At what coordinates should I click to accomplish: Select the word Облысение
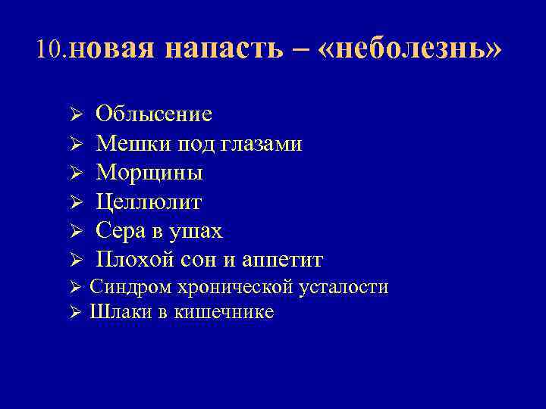pyautogui.click(x=154, y=114)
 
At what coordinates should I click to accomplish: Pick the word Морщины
pyautogui.click(x=149, y=173)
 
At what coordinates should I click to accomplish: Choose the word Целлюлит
pyautogui.click(x=149, y=202)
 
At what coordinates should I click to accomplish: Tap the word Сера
pyautogui.click(x=120, y=231)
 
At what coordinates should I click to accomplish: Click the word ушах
pyautogui.click(x=195, y=231)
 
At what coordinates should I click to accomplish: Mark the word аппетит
pyautogui.click(x=281, y=260)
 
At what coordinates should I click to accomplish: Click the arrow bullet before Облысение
pyautogui.click(x=75, y=115)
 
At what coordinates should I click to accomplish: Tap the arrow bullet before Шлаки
pyautogui.click(x=75, y=312)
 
